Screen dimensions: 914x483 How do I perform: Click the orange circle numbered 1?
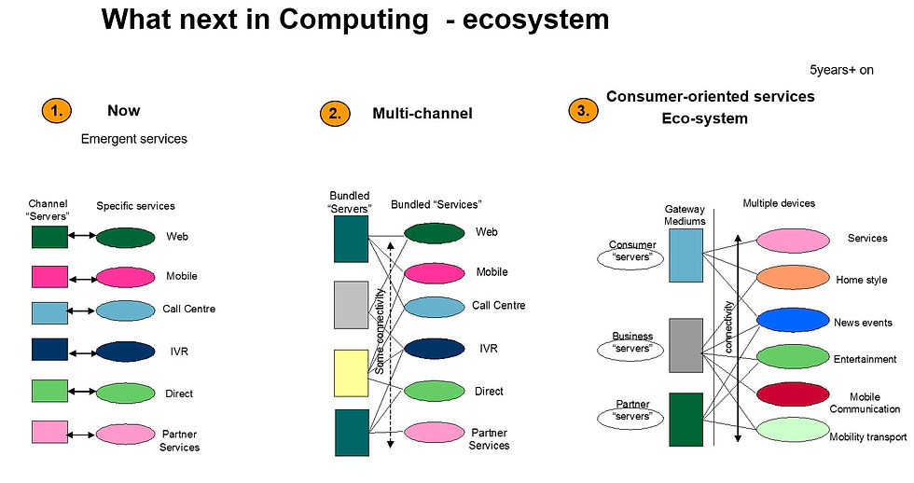coord(57,111)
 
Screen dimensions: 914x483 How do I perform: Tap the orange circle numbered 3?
coord(583,111)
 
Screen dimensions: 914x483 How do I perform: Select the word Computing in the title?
coord(353,20)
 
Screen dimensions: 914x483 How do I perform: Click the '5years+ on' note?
coord(841,70)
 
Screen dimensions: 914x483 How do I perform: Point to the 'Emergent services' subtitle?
coord(134,139)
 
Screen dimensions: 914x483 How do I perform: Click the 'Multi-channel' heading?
coord(422,113)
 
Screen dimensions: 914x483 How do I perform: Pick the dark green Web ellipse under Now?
coord(125,238)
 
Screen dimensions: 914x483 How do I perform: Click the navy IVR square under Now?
coord(49,350)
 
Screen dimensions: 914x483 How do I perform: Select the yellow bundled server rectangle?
coord(351,374)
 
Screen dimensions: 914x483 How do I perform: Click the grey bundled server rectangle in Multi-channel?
coord(351,305)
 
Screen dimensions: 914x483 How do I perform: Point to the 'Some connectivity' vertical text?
coord(380,331)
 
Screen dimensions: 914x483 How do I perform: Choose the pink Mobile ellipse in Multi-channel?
coord(435,273)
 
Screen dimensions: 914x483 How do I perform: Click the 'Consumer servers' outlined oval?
coord(630,257)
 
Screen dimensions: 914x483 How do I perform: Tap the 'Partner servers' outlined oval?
coord(630,416)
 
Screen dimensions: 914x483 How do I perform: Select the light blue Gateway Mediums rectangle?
coord(685,255)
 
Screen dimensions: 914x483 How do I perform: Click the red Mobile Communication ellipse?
coord(793,394)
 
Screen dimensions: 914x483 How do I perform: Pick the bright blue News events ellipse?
coord(793,320)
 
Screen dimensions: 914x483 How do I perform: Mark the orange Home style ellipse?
coord(793,278)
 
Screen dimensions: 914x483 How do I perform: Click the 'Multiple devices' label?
coord(779,203)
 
